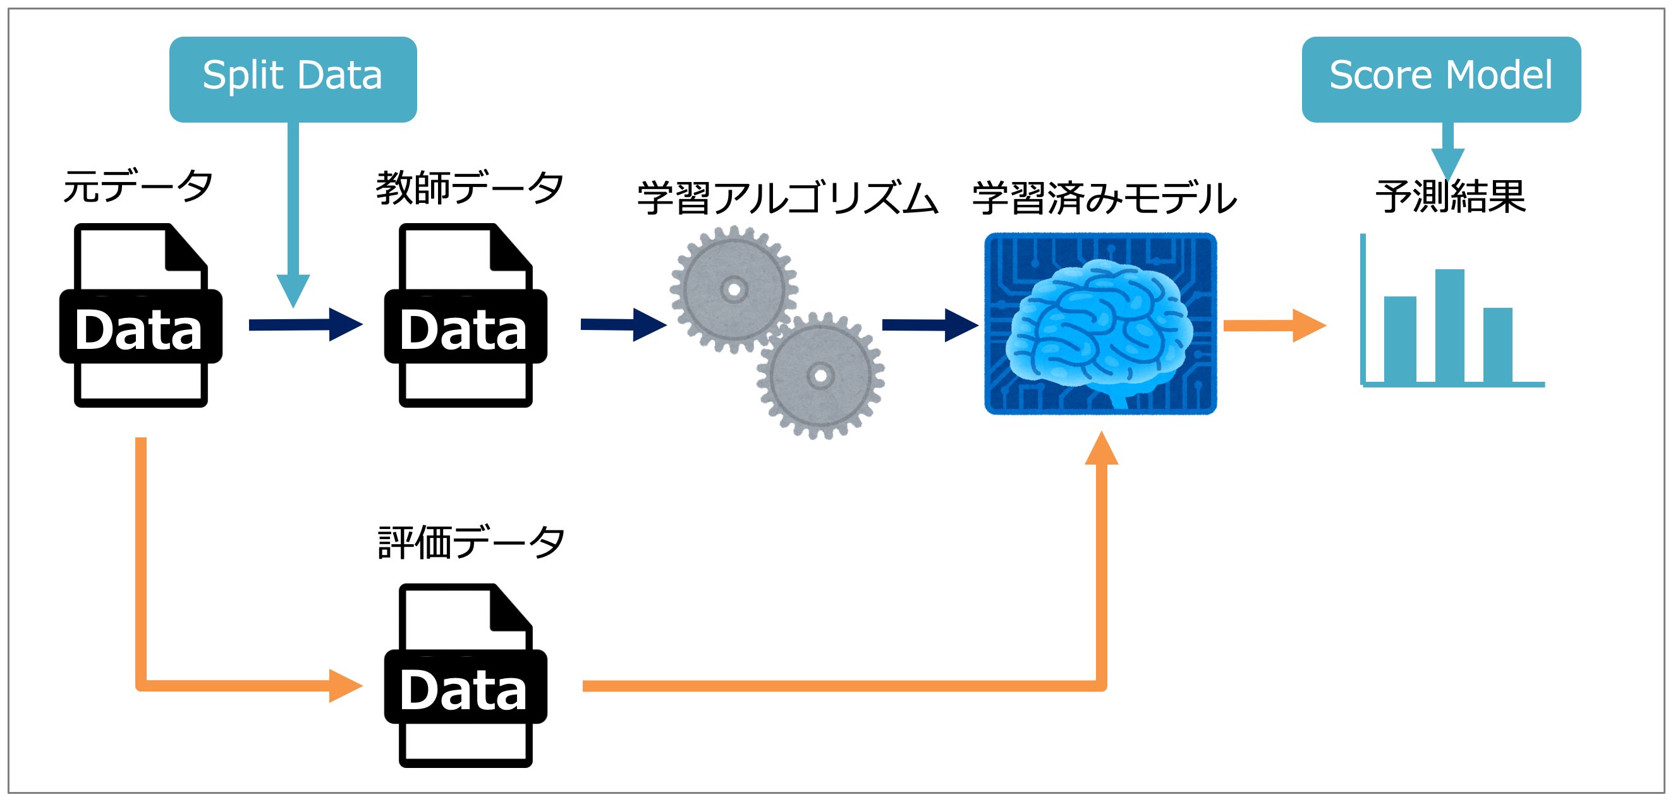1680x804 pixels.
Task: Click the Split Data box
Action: click(293, 79)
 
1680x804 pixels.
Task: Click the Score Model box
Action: click(1440, 79)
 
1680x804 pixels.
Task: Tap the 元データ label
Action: click(138, 187)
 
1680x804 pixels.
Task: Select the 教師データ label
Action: click(469, 188)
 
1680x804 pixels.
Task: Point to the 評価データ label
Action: click(471, 542)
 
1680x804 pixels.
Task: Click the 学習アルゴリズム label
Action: click(787, 198)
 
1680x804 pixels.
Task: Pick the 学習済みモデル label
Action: click(1104, 198)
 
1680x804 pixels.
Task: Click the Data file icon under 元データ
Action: click(141, 315)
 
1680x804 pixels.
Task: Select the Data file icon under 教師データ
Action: click(466, 315)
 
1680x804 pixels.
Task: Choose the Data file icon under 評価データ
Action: click(466, 676)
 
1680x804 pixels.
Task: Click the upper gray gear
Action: click(734, 289)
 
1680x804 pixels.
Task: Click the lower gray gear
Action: click(820, 376)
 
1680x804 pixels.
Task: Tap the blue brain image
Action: click(1100, 324)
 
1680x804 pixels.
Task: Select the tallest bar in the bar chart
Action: click(1449, 326)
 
